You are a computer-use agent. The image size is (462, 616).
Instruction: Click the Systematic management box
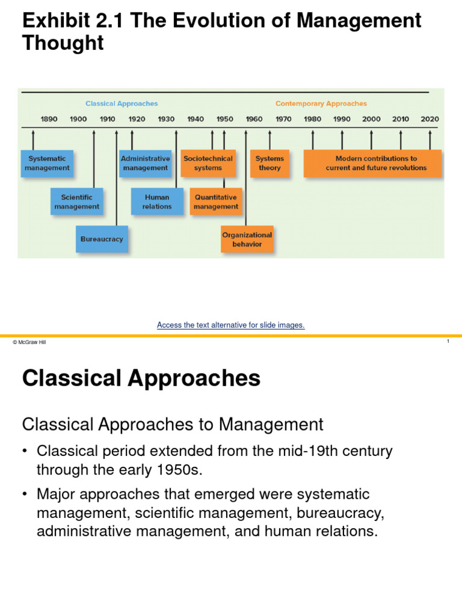(x=48, y=164)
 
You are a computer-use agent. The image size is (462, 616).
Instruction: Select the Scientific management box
(x=76, y=202)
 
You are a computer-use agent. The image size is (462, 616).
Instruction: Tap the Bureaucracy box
(x=102, y=239)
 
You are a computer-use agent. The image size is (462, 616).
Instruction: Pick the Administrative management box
(x=146, y=164)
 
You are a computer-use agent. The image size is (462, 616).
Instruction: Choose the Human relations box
(x=157, y=202)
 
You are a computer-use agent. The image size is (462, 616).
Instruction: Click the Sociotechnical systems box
(x=208, y=164)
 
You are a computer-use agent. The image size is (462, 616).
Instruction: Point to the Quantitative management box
(x=216, y=202)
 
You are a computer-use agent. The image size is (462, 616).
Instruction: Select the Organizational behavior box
(x=247, y=239)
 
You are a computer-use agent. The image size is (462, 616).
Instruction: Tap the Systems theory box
(x=269, y=164)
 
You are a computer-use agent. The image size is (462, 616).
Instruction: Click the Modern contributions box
(x=373, y=164)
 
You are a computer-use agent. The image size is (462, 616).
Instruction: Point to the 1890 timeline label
(x=49, y=119)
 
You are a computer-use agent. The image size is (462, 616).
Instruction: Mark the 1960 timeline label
(x=254, y=119)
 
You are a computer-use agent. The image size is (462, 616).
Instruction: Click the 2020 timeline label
(x=430, y=119)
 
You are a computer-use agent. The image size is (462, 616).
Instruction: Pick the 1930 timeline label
(x=166, y=119)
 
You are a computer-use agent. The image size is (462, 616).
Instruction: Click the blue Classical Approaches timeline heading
(x=122, y=103)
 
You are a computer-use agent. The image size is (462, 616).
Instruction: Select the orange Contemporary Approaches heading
(x=321, y=103)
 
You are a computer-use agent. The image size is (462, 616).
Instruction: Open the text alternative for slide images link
(x=231, y=325)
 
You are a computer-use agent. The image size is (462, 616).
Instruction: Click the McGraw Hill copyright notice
(x=29, y=342)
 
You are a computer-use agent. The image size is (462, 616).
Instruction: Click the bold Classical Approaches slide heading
(x=141, y=378)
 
